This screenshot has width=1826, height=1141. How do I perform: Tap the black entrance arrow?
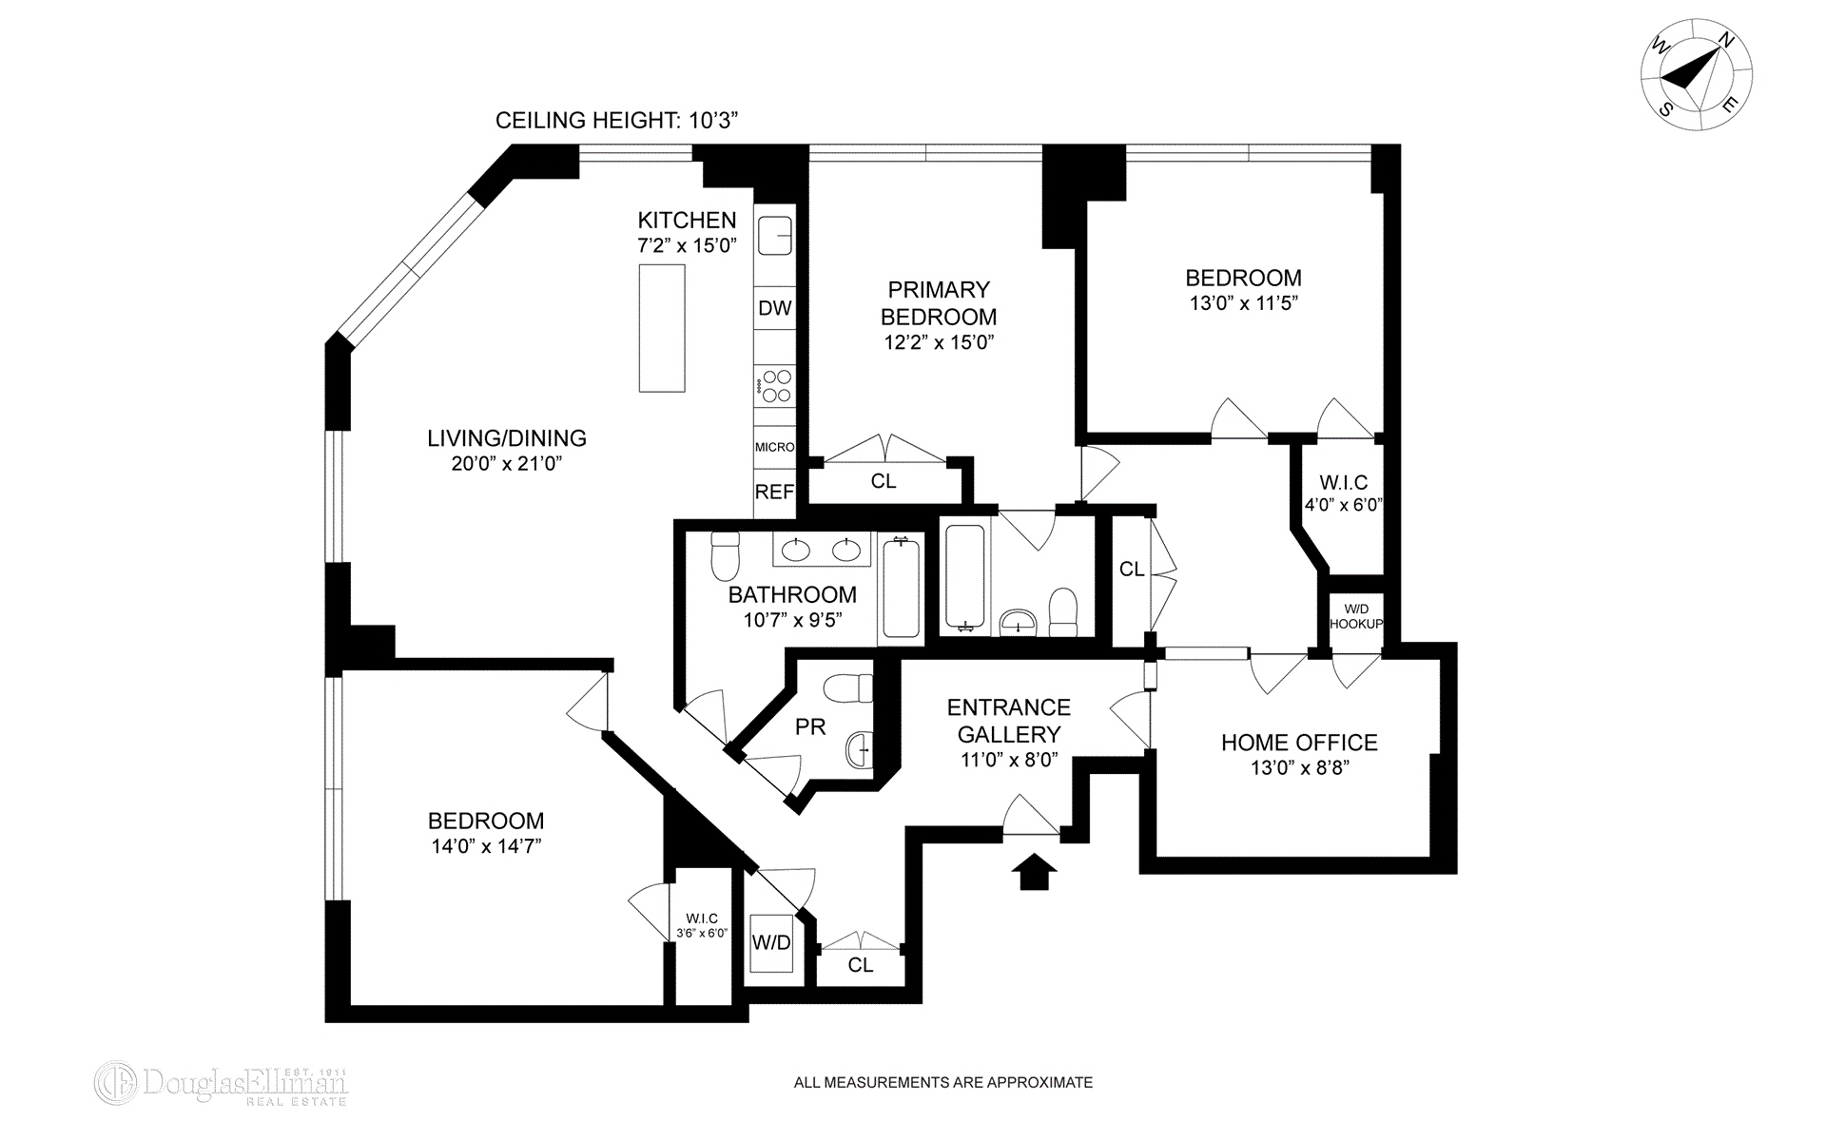tap(1034, 872)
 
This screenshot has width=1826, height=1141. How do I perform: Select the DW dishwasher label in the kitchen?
tap(775, 308)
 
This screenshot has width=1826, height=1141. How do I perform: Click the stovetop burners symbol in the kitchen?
tap(775, 386)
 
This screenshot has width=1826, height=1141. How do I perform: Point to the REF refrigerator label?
tap(774, 492)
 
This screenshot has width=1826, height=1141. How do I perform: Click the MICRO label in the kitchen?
tap(774, 447)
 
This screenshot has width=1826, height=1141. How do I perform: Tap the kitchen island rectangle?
tap(662, 328)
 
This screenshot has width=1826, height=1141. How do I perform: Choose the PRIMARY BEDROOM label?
tap(939, 303)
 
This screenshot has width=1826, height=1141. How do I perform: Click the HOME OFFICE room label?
tap(1299, 743)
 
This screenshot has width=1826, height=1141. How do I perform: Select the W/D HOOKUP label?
tap(1355, 616)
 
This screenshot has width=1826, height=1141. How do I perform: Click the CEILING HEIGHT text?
tap(617, 121)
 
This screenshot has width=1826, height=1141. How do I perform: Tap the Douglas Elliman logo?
tap(221, 1083)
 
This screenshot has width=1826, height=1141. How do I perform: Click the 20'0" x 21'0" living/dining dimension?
tap(507, 464)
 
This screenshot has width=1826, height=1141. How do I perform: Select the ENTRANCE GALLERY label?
tap(1009, 721)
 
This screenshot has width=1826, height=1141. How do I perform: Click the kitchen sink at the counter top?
tap(775, 234)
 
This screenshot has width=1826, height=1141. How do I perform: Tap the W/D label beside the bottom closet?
tap(771, 942)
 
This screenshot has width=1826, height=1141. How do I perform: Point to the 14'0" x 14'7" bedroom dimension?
tap(486, 846)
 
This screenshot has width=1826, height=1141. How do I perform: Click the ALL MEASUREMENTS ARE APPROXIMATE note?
tap(943, 1082)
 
